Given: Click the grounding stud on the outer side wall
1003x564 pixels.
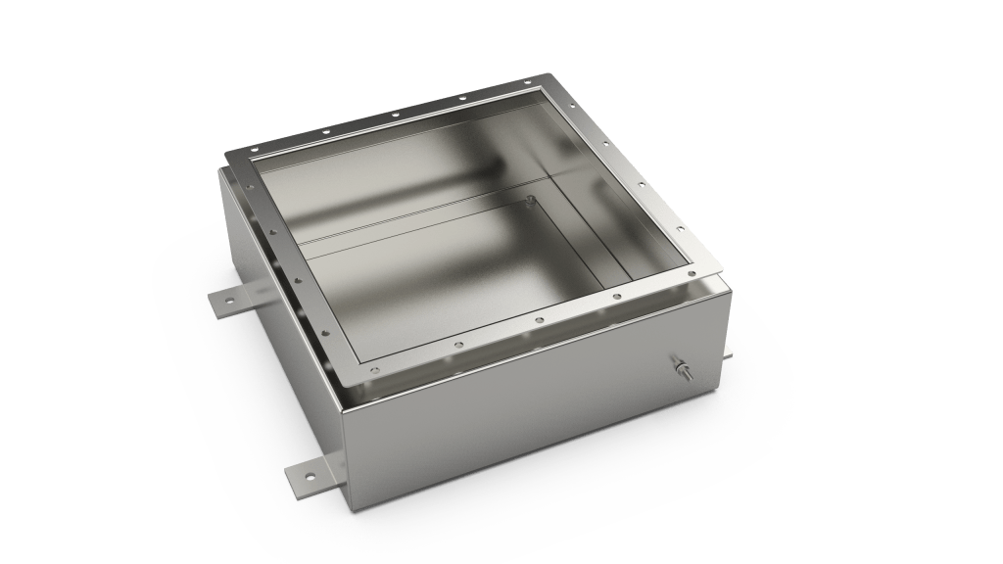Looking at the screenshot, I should (679, 368).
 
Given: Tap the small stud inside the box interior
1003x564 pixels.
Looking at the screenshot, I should (529, 201).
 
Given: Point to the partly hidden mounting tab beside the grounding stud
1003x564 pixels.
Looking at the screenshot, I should (729, 352).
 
